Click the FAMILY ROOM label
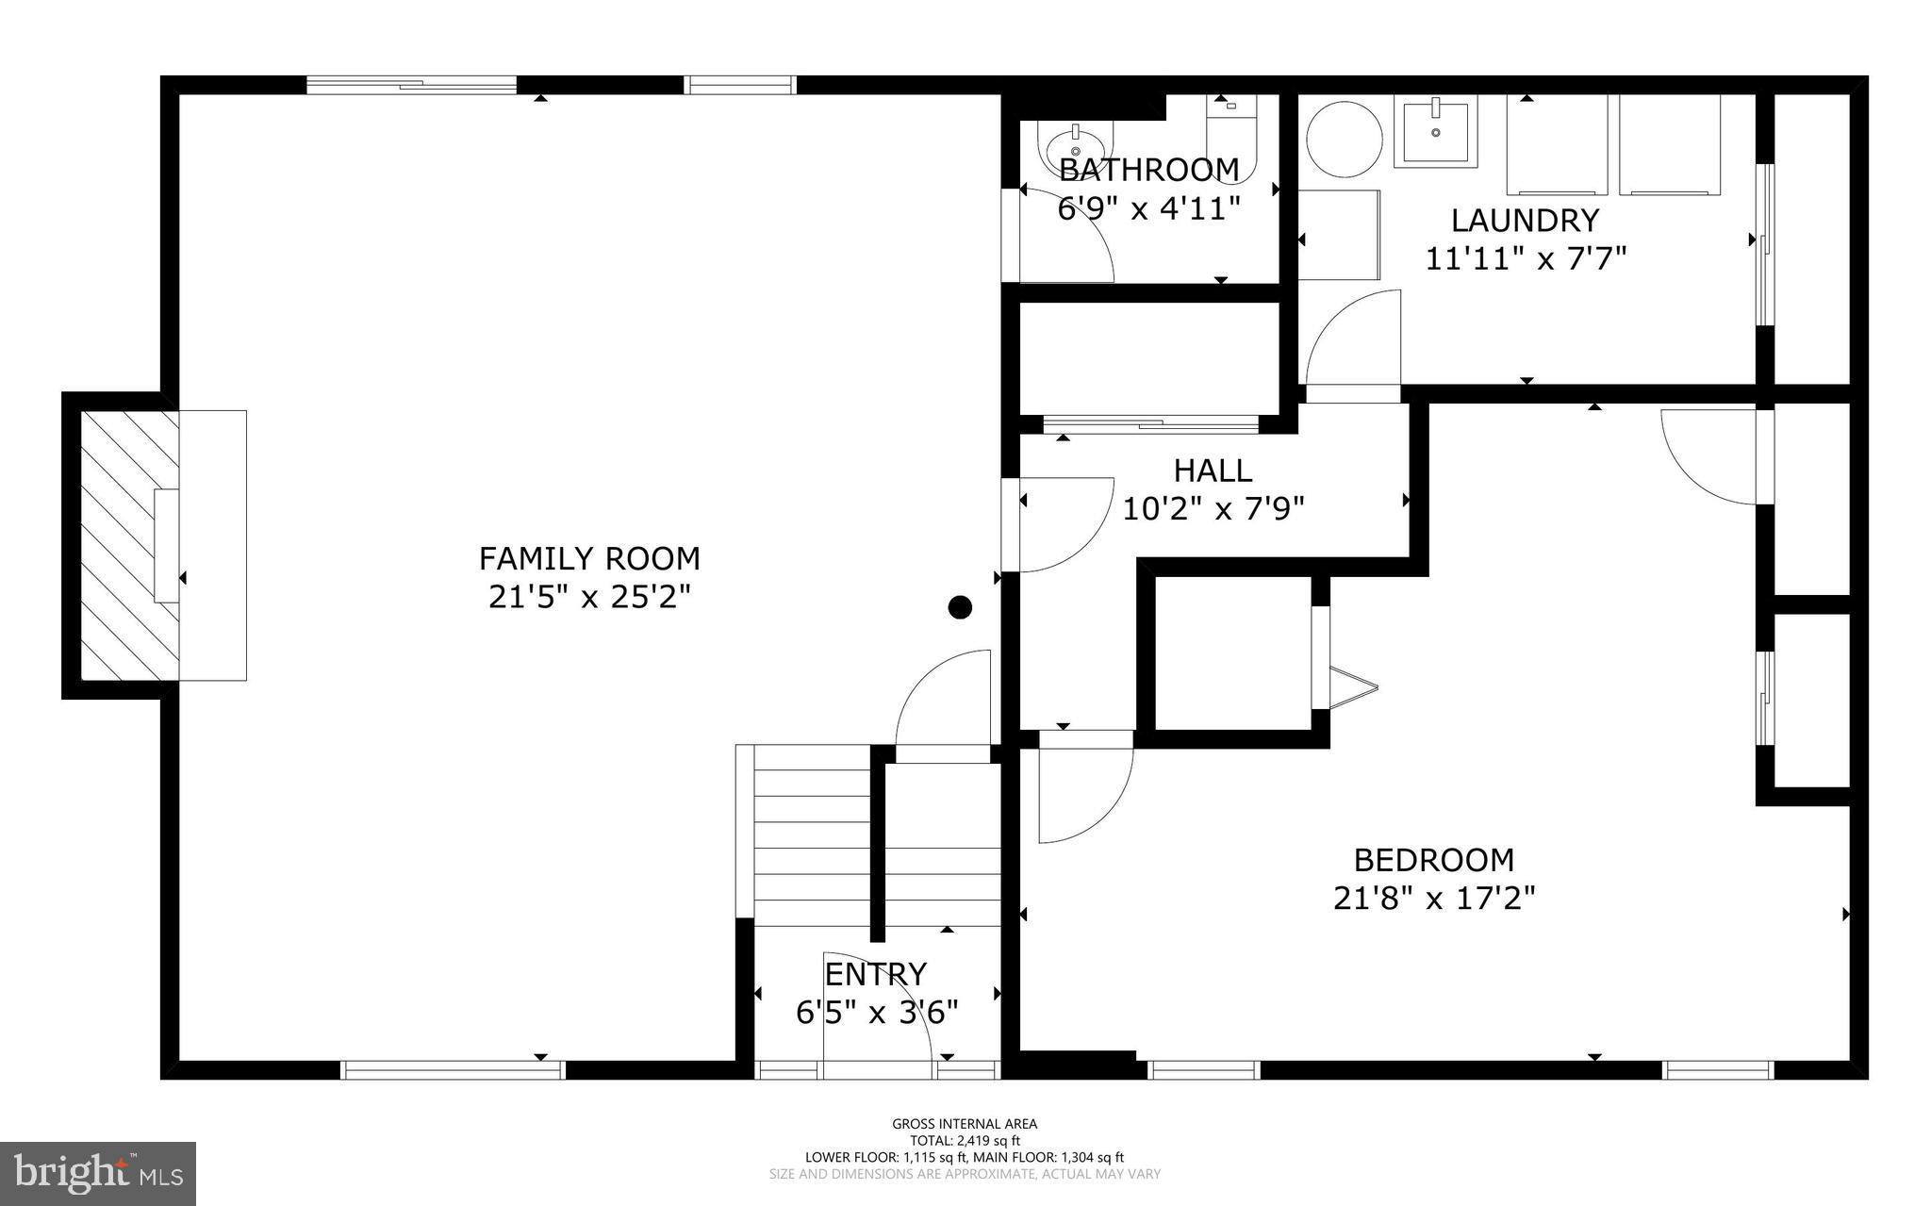[589, 558]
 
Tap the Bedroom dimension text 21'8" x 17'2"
[1433, 898]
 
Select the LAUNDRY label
[1525, 220]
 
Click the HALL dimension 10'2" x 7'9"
[1213, 509]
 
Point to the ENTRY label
[876, 973]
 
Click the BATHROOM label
[1148, 170]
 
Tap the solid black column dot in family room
[960, 607]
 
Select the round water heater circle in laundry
[1345, 140]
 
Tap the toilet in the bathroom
[1231, 141]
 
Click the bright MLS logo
[98, 1172]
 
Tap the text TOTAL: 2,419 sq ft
[965, 1140]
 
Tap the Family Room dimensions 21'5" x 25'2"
[589, 597]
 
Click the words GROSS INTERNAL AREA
[965, 1123]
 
